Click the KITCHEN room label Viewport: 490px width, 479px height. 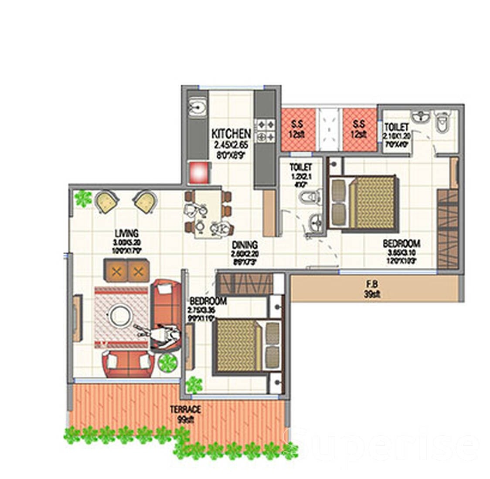point(231,133)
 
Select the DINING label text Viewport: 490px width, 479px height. point(245,245)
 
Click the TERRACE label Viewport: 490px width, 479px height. point(185,410)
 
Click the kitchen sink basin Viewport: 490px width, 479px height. point(198,107)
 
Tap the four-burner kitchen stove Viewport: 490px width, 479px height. point(265,130)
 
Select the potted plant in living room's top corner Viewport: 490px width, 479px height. point(82,199)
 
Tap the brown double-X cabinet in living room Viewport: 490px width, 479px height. point(126,271)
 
